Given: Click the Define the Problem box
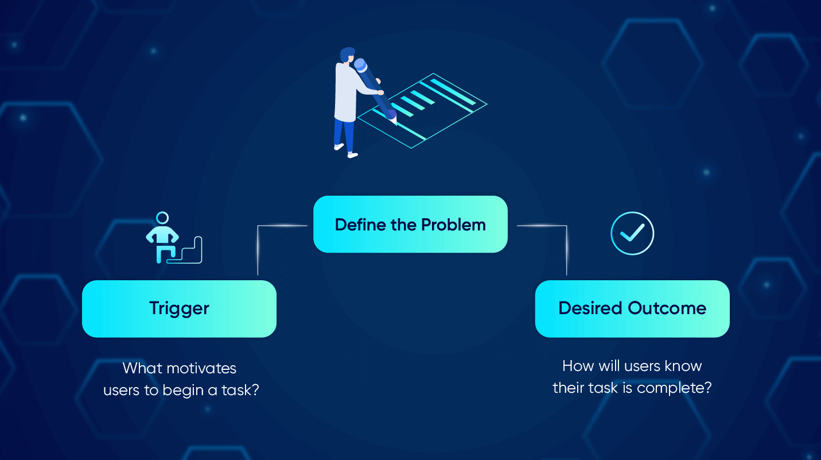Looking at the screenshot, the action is (x=411, y=224).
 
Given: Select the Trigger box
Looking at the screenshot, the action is (x=179, y=309).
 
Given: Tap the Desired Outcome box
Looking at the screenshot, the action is (x=632, y=309).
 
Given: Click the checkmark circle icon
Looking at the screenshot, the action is (x=632, y=233).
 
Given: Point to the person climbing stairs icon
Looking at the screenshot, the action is (x=174, y=238).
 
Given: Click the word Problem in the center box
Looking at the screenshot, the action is (x=453, y=225).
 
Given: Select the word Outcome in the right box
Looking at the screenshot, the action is (x=667, y=308).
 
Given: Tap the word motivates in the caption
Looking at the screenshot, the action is (x=201, y=368).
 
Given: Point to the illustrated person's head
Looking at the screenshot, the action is (x=347, y=55).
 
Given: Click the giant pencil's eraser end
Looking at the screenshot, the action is (x=360, y=65).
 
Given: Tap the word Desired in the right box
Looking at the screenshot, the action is (x=590, y=308).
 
